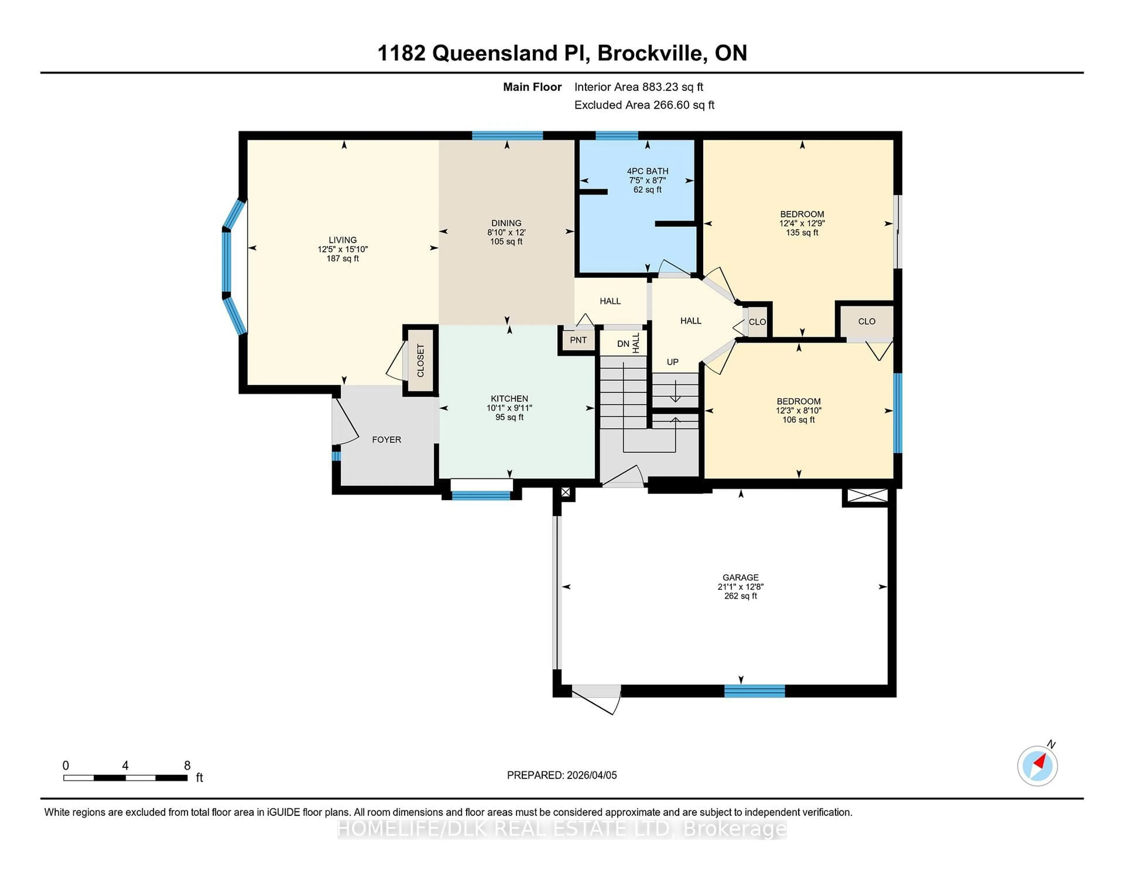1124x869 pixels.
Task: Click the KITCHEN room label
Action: click(509, 398)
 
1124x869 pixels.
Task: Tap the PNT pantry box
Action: click(578, 340)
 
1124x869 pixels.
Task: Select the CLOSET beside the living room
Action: click(420, 360)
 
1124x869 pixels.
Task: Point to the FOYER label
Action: click(386, 440)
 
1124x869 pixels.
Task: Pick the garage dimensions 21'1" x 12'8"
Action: click(740, 587)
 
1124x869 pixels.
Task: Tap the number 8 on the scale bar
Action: click(187, 766)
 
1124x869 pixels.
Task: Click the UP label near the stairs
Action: click(672, 362)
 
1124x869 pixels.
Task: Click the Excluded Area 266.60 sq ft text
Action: click(644, 105)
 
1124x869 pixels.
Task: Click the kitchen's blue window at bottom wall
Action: click(481, 495)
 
